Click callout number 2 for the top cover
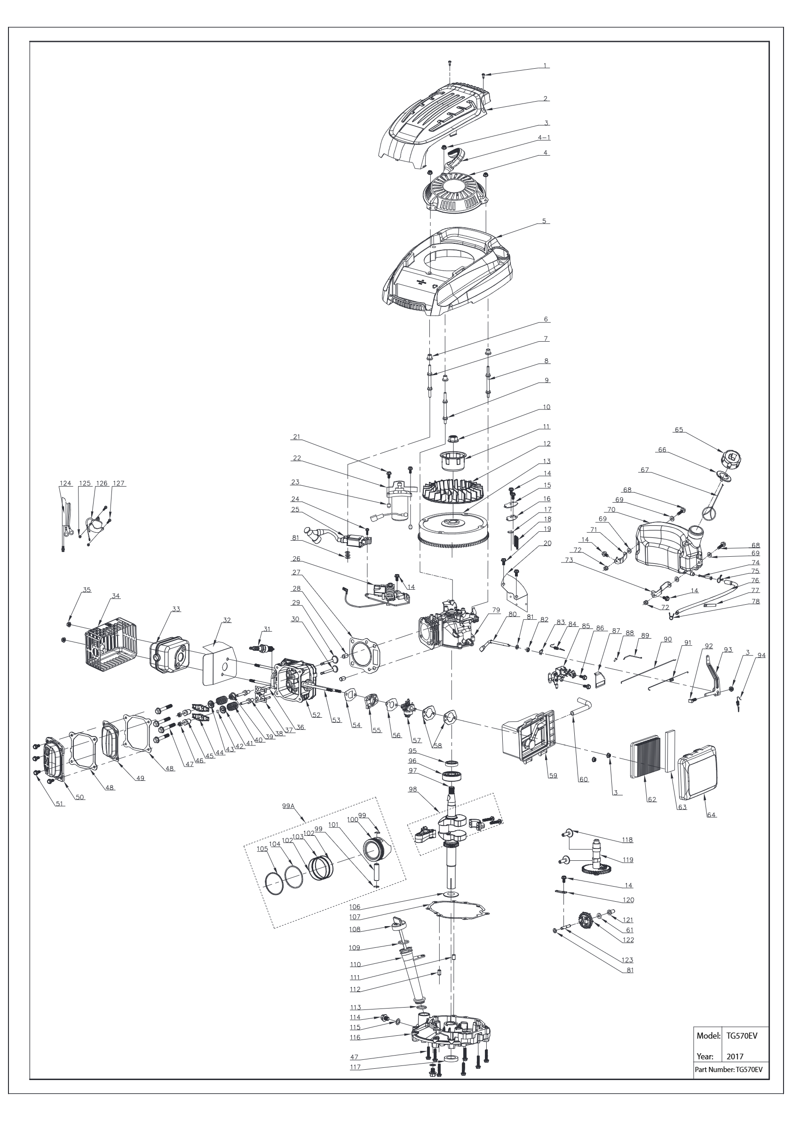click(546, 99)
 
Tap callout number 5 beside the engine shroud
click(544, 221)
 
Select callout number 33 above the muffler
click(176, 609)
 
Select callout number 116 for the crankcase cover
click(355, 1037)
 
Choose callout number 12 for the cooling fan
click(546, 443)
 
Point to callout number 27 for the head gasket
click(296, 572)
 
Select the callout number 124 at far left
click(65, 483)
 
